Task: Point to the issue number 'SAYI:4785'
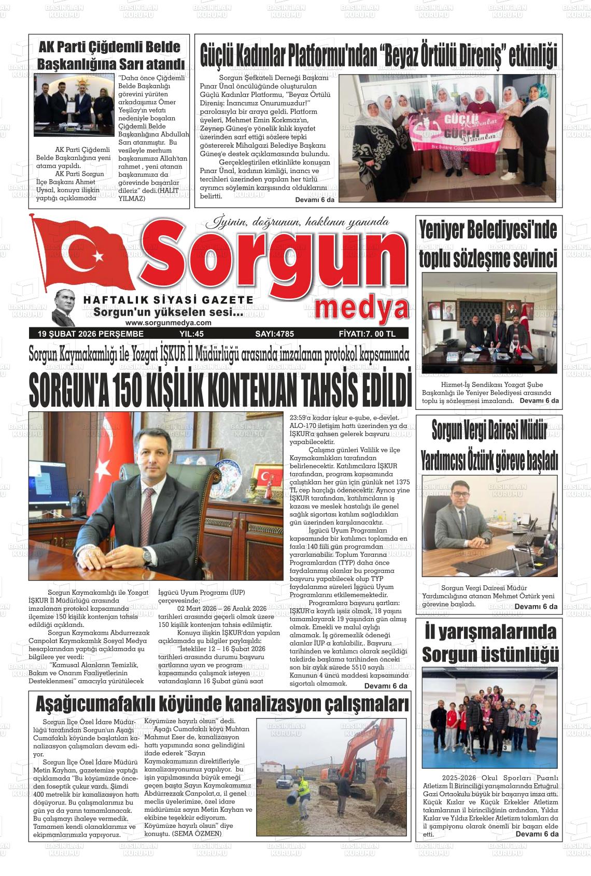coord(274,334)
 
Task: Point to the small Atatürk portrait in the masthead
coord(65,307)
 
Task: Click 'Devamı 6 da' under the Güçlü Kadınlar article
coord(315,200)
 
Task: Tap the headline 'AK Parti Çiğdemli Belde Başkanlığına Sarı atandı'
coord(110,55)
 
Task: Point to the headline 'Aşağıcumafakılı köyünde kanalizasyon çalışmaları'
coord(222,705)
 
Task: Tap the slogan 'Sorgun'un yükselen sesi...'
coord(168,313)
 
